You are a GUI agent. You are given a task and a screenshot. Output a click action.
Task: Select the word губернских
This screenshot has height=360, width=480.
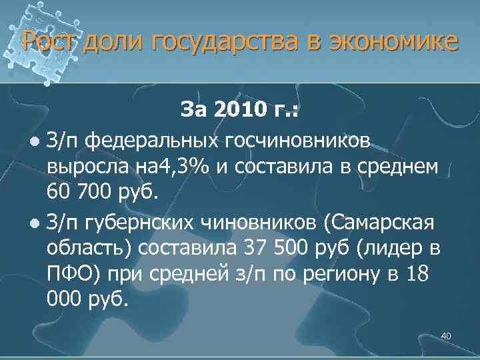(143, 221)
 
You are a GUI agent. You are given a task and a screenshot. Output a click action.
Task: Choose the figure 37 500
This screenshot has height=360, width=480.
(269, 247)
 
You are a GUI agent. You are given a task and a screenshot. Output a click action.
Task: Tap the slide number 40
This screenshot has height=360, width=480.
(446, 335)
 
